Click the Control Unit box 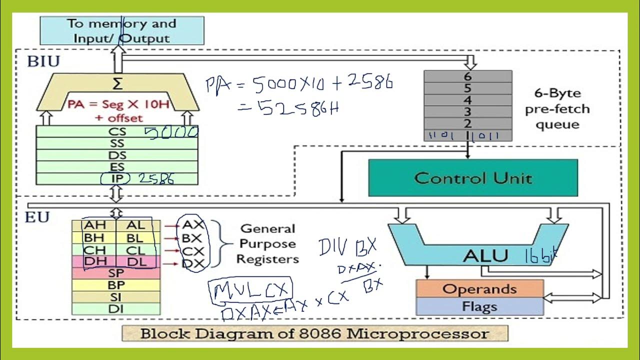[472, 178]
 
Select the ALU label [485, 255]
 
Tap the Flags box [479, 306]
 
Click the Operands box [479, 288]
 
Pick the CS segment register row [116, 132]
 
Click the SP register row [116, 273]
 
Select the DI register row [116, 309]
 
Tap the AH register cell [95, 225]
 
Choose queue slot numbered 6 [467, 76]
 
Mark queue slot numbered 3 [467, 111]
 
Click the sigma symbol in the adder [117, 83]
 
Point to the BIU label [43, 62]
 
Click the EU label [37, 218]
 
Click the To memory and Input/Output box [121, 30]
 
